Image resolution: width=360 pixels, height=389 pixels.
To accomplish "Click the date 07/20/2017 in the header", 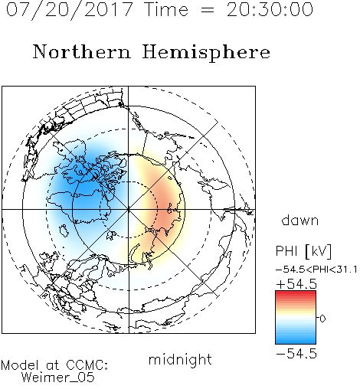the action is pyautogui.click(x=70, y=10).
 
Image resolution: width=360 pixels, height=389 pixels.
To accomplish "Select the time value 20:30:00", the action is pyautogui.click(x=270, y=9).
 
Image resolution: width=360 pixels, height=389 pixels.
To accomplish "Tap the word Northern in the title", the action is pyautogui.click(x=82, y=51).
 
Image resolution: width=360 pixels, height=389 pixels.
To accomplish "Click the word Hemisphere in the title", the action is pyautogui.click(x=206, y=53).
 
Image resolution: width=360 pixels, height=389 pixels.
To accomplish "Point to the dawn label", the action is pyautogui.click(x=300, y=220).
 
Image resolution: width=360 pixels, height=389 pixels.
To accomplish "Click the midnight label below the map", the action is pyautogui.click(x=180, y=360).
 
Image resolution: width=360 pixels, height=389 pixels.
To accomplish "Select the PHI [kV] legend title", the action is pyautogui.click(x=303, y=251).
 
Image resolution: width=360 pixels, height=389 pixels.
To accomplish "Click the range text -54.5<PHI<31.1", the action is pyautogui.click(x=316, y=270).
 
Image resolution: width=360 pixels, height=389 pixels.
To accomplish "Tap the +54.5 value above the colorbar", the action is pyautogui.click(x=296, y=284).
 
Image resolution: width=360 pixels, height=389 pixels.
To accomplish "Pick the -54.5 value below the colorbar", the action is pyautogui.click(x=296, y=354).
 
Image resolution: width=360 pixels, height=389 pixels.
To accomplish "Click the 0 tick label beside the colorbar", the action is pyautogui.click(x=322, y=319).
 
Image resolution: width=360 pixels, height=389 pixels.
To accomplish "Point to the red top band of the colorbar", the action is pyautogui.click(x=296, y=295).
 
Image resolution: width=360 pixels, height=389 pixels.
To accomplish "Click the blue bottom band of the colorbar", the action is pyautogui.click(x=296, y=339).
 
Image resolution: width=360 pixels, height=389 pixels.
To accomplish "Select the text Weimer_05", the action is pyautogui.click(x=58, y=378).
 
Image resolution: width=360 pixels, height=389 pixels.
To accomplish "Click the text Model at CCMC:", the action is pyautogui.click(x=54, y=365).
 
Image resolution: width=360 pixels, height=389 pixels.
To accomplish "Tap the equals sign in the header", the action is pyautogui.click(x=207, y=10).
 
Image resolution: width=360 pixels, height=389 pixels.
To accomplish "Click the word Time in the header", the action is pyautogui.click(x=166, y=9).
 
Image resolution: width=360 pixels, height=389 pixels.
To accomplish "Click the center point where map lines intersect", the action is pyautogui.click(x=129, y=209).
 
